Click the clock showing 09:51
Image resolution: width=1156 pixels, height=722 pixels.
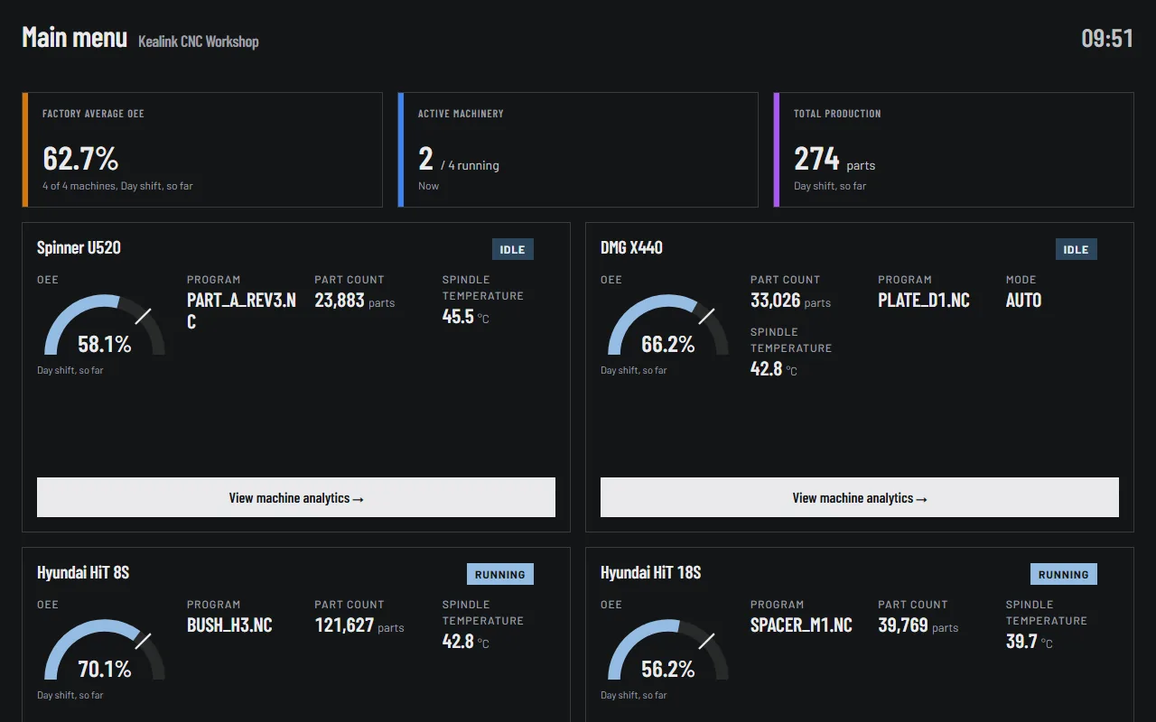(1107, 39)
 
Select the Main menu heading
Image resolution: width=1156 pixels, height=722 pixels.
(74, 38)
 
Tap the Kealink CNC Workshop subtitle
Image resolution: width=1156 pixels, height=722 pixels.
(198, 42)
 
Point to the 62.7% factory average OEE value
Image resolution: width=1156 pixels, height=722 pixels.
(80, 158)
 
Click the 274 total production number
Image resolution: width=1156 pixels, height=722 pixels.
(816, 158)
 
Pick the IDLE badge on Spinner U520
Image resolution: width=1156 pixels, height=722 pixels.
(512, 250)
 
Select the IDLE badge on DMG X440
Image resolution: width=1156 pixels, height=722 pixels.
(1076, 250)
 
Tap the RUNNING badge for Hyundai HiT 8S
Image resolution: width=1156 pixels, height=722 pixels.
(500, 575)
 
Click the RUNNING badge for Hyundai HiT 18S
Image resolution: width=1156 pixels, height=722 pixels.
(1064, 575)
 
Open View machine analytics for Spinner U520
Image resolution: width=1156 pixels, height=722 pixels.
(296, 497)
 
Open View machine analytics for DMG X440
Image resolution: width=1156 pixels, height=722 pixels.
(860, 497)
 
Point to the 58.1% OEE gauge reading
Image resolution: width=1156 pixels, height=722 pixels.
(104, 345)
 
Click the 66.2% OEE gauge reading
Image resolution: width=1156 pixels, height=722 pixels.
(667, 345)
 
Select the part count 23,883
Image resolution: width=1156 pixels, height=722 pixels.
(340, 301)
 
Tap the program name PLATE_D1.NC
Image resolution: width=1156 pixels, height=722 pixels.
(924, 301)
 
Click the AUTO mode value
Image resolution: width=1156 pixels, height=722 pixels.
(1023, 301)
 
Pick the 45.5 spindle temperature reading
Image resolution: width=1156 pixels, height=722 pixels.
(458, 317)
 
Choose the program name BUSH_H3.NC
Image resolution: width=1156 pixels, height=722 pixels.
(229, 625)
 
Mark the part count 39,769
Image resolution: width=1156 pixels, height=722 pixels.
(903, 625)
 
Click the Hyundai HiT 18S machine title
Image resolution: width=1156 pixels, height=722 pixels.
(651, 572)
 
